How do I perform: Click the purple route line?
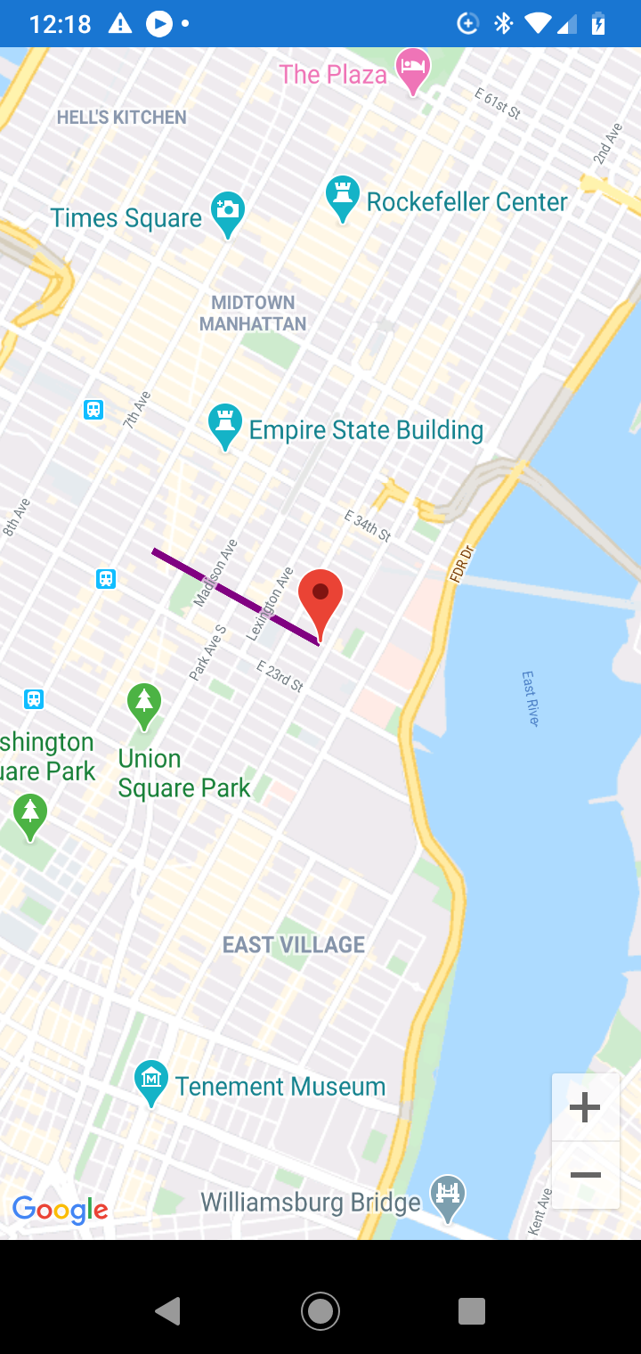[235, 596]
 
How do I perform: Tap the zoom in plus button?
[585, 1108]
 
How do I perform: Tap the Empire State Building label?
[366, 431]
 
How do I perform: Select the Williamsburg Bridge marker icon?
[448, 1194]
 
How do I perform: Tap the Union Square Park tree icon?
[144, 703]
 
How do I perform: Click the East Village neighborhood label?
[294, 944]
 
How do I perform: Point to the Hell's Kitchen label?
[122, 117]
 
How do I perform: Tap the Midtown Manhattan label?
[254, 313]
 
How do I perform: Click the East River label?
[531, 698]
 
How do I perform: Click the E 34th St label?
[368, 526]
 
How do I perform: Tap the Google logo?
[61, 1210]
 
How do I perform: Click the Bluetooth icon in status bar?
[504, 23]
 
